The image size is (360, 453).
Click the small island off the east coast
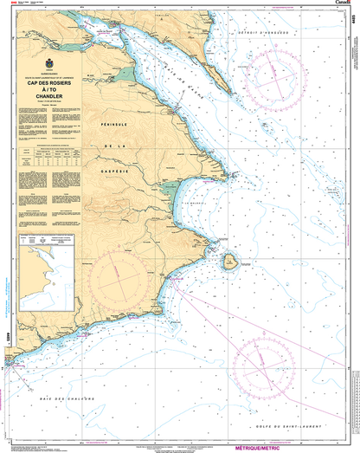[228, 261]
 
